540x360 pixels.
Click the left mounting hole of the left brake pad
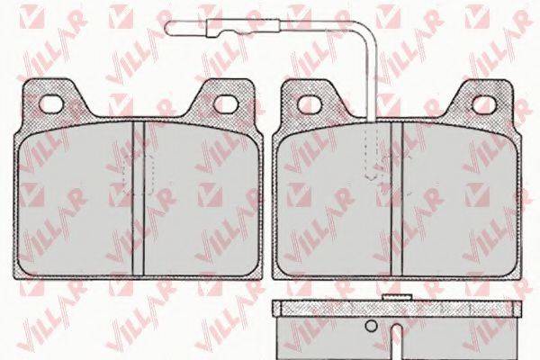[51, 103]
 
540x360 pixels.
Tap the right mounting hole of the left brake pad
[226, 103]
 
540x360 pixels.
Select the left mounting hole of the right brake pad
[310, 103]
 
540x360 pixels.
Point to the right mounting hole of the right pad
[484, 103]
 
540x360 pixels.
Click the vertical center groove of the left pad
[139, 198]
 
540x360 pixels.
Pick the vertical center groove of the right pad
[397, 199]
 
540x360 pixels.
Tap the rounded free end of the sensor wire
[169, 28]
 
